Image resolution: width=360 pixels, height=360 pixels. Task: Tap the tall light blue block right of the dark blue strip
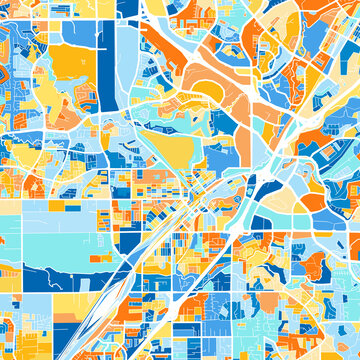point(127,60)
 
